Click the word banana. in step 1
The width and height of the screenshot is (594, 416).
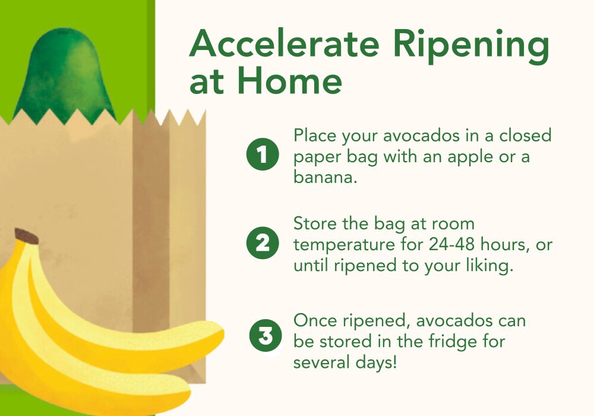pyautogui.click(x=325, y=178)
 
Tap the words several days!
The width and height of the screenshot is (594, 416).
pyautogui.click(x=345, y=362)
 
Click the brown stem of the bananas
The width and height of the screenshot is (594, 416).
pyautogui.click(x=27, y=236)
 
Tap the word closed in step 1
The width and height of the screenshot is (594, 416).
pyautogui.click(x=526, y=136)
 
